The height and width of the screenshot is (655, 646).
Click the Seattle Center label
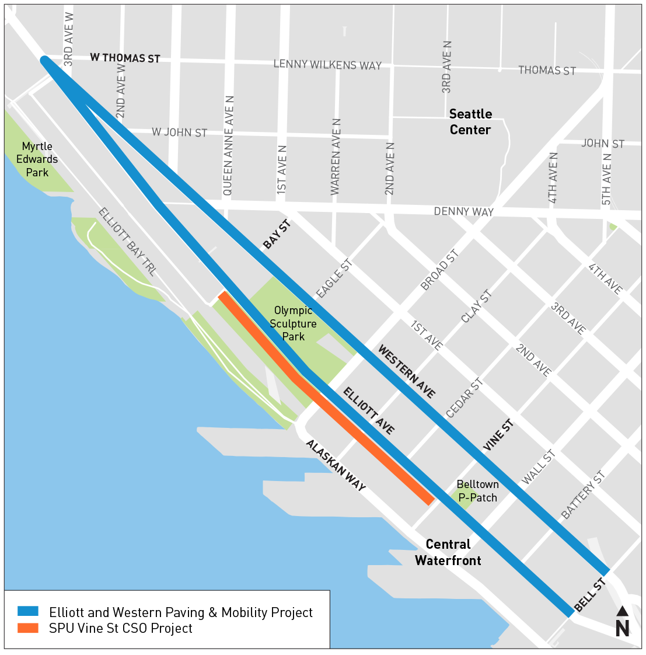[470, 122]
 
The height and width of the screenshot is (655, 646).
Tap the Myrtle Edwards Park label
[37, 159]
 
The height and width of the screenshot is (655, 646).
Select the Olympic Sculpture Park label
[293, 323]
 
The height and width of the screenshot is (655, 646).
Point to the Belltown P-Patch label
[477, 491]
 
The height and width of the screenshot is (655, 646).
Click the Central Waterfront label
[448, 552]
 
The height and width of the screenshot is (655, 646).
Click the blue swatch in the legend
[28, 611]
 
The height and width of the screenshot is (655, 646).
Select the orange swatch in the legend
[28, 628]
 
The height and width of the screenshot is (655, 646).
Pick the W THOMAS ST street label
[125, 58]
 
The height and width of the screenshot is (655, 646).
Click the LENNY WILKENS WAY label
[327, 64]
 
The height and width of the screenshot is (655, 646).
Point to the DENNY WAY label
[463, 211]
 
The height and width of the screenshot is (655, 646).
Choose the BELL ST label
[590, 595]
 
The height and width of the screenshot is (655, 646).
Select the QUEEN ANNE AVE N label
[228, 146]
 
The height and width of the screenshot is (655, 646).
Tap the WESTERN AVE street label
[407, 372]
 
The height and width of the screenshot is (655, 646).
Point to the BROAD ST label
[440, 270]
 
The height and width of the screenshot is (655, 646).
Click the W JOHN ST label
[179, 133]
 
